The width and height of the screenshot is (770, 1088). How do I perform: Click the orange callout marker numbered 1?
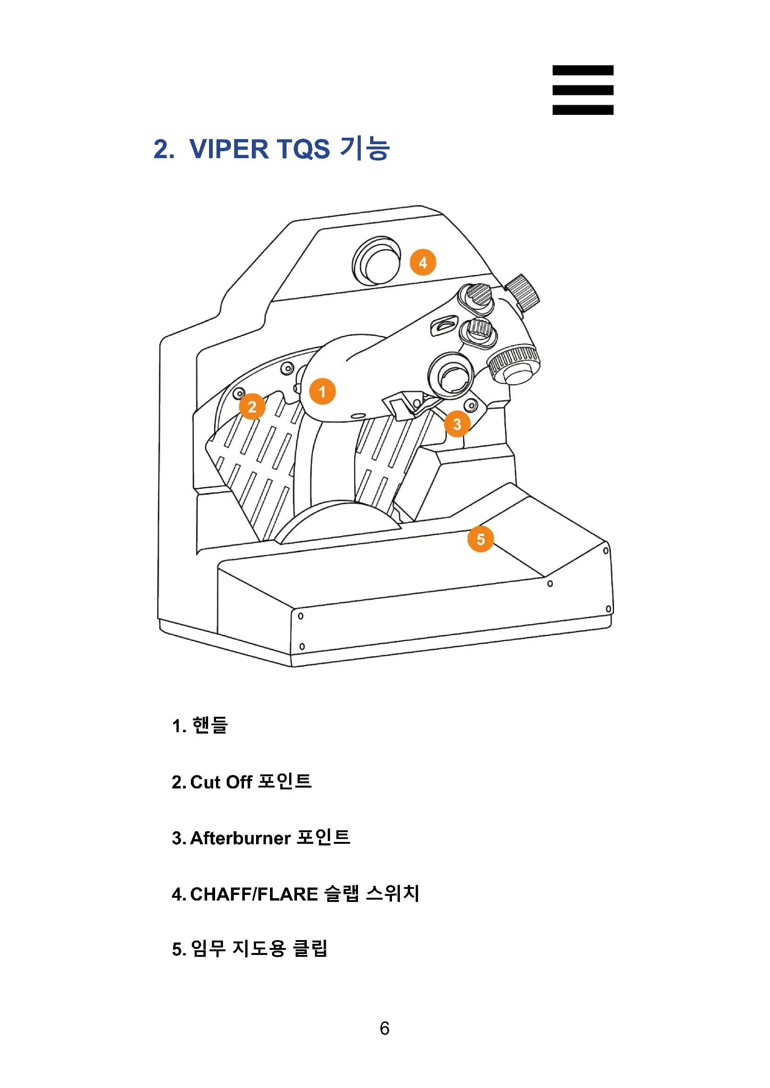pos(322,391)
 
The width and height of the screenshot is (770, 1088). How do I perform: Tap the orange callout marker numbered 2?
pos(252,406)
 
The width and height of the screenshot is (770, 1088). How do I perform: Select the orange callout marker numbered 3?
pos(457,424)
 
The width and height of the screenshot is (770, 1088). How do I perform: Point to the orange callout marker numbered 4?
pos(422,262)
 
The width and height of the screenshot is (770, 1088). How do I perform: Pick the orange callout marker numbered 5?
pos(480,539)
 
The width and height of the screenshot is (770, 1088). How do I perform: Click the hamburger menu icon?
pos(582,90)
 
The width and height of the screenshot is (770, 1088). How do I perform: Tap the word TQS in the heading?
pos(303,149)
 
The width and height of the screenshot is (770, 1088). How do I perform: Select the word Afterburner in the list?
pos(240,838)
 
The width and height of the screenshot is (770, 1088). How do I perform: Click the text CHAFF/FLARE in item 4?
pos(254,894)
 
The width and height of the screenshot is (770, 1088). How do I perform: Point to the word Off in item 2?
pos(239,782)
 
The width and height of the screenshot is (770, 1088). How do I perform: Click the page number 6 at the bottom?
pos(385,1028)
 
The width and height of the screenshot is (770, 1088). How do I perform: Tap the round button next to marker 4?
pos(378,261)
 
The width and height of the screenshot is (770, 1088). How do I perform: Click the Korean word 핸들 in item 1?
pos(210,726)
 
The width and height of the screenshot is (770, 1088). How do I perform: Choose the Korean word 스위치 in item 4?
pos(393,894)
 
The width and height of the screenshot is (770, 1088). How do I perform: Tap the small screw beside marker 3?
pos(471,405)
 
